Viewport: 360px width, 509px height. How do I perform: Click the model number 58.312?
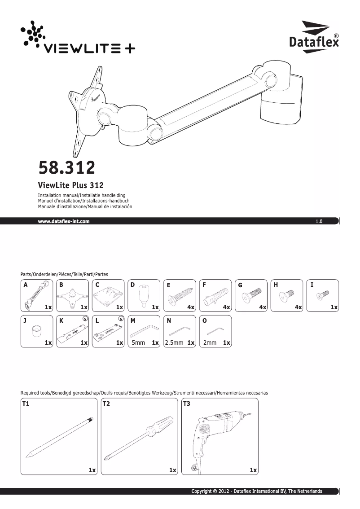[67, 167]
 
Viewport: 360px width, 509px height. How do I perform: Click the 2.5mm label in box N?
[174, 342]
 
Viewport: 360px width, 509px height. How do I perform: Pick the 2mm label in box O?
[210, 342]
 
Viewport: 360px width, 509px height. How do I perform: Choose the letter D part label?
[132, 285]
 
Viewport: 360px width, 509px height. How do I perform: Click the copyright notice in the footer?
[257, 491]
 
